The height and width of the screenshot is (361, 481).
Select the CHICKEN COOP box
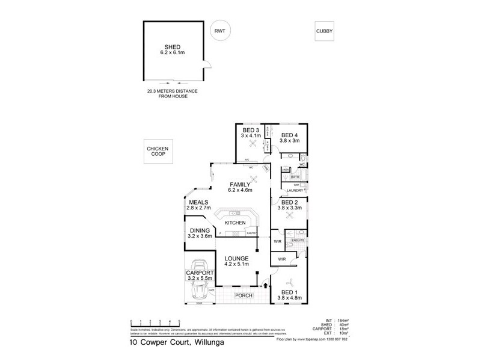[158, 153]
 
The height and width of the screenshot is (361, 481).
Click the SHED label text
[173, 48]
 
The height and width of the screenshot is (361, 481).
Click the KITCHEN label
[236, 223]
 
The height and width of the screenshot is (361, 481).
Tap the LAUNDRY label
[295, 191]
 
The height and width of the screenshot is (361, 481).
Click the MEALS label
[198, 202]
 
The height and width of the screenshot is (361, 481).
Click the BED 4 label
[289, 135]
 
